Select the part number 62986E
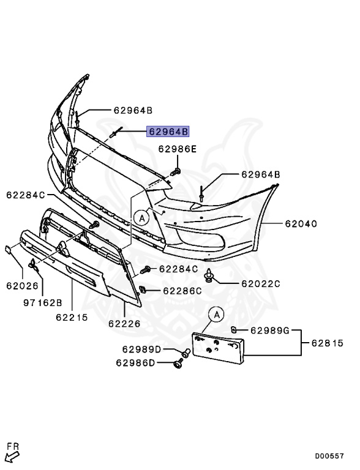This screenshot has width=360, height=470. tap(178, 149)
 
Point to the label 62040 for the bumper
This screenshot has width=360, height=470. tap(300, 224)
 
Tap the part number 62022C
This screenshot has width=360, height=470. tap(260, 283)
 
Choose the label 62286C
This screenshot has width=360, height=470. tap(182, 290)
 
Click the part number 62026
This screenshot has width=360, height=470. tap(23, 285)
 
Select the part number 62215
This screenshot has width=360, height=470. tap(72, 317)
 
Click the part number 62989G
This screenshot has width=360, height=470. tap(269, 330)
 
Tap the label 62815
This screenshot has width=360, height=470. tap(331, 343)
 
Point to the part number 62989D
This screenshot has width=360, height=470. tap(141, 349)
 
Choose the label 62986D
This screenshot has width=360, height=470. tap(135, 363)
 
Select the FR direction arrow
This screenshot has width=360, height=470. tap(12, 452)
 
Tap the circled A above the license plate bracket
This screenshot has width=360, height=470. tap(216, 315)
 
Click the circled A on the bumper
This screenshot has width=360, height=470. tap(141, 217)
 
